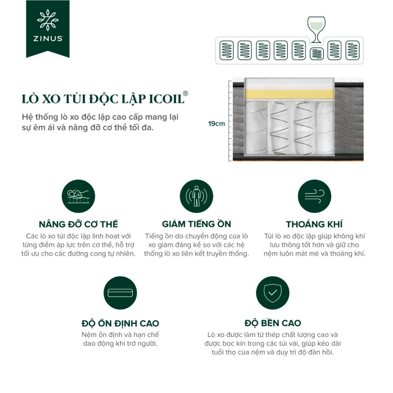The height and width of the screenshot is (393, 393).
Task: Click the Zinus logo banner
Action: (48, 29)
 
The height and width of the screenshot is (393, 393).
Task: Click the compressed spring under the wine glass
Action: (317, 54)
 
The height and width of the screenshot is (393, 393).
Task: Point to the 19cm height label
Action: (216, 124)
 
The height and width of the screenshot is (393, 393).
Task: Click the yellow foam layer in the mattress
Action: (289, 95)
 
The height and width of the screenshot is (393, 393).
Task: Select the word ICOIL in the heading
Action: (167, 99)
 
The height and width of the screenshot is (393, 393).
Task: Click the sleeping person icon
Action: (78, 196)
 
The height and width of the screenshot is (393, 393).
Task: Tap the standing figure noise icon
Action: (196, 196)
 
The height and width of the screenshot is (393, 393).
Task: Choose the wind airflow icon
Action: (314, 196)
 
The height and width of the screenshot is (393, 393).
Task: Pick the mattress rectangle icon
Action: (120, 293)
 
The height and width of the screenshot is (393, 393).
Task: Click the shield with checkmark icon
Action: (273, 293)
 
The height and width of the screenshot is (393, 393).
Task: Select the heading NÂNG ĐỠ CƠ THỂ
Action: (78, 224)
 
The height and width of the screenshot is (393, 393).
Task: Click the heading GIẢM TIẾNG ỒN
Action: (196, 224)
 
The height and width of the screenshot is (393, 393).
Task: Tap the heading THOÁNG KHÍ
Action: (314, 224)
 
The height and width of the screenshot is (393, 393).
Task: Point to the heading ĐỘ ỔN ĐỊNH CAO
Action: (120, 323)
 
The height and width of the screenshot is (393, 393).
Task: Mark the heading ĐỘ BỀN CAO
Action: (273, 323)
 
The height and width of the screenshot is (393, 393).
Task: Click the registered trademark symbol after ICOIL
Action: (185, 94)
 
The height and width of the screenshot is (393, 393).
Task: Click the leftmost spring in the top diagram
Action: (226, 50)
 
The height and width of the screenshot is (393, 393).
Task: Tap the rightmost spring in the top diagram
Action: (352, 50)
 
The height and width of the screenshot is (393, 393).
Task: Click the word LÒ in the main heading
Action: (30, 99)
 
